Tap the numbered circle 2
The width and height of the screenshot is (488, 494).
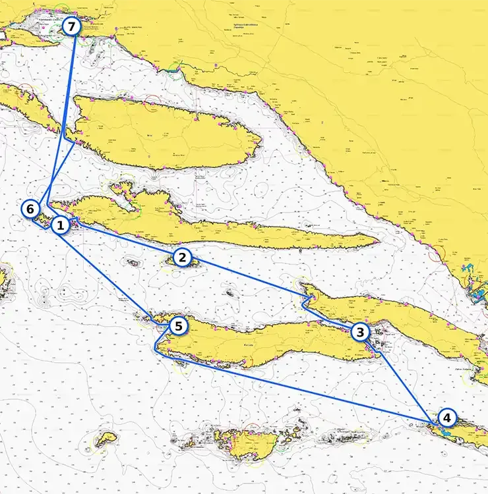coord(183,257)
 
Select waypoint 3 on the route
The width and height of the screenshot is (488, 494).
coord(359,332)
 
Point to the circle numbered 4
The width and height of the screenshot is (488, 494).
coord(447,418)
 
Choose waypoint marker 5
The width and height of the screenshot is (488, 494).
coord(178,325)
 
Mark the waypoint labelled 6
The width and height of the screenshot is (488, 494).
coord(30,209)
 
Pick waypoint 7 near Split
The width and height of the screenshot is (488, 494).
coord(72,27)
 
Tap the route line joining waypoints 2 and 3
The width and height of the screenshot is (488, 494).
coord(251,277)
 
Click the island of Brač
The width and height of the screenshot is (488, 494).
coord(165,132)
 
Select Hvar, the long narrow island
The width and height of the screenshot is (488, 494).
coord(218,227)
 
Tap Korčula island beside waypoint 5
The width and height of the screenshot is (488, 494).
coord(264,343)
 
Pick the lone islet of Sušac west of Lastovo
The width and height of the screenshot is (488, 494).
coord(106,439)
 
